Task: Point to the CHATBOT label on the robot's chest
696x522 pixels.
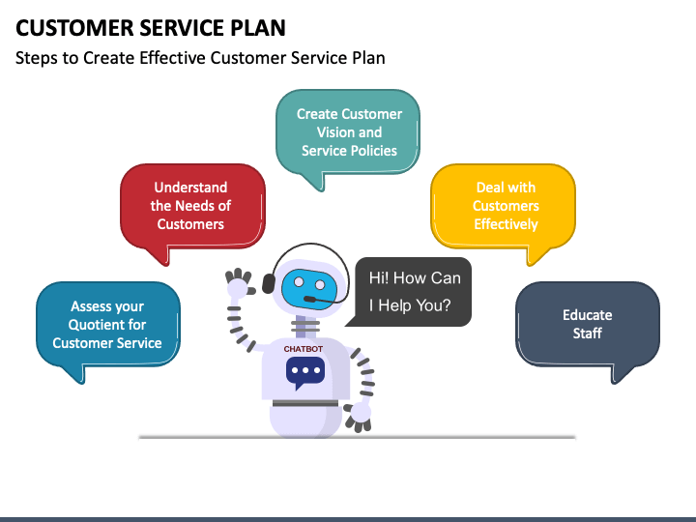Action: coord(304,349)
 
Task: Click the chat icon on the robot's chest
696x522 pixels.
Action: coord(305,372)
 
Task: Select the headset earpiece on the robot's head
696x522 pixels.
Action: coord(269,283)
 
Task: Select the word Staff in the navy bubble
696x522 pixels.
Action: coord(588,333)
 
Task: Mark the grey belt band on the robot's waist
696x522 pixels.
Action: coord(305,403)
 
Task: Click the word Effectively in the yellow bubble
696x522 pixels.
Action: coord(506,224)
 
